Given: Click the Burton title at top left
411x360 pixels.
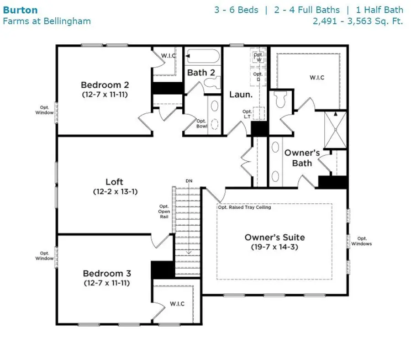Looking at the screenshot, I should pos(21,10).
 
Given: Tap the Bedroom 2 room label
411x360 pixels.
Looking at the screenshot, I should pos(105,85).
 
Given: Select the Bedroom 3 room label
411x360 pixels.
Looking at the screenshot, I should pos(107,273).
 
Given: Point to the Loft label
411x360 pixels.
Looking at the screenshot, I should pos(115,182).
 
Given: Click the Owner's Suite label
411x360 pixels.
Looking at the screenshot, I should pos(274,237).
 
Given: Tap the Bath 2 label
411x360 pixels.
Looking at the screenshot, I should pos(201,72).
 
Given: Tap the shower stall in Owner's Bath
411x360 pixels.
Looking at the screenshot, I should pos(335,129).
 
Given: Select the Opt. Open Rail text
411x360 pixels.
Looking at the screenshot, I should pos(164,211).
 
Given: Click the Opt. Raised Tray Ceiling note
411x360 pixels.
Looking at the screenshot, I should pos(244,207).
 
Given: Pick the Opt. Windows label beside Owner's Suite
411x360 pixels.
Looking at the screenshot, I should pos(362,241).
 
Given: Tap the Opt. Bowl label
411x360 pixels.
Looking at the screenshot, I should pos(202,123).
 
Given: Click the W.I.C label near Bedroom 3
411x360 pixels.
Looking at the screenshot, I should pos(177,304).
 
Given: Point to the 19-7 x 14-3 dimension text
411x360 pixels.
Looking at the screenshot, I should pos(274,247).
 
